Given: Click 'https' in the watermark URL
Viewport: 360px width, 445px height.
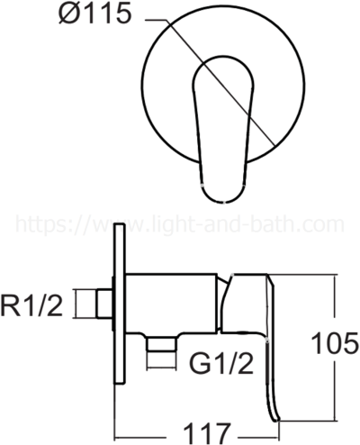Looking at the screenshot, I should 38,224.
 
